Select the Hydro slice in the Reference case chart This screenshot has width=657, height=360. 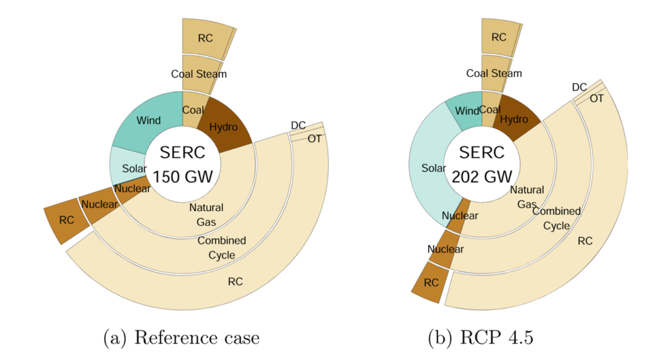(223, 126)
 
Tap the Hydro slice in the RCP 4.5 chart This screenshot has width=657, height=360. (514, 119)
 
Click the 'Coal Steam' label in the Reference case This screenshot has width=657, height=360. (199, 74)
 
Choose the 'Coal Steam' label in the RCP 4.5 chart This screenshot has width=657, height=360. (494, 73)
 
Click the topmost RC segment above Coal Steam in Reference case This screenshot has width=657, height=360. (205, 38)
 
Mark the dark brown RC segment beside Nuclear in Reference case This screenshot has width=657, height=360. (66, 220)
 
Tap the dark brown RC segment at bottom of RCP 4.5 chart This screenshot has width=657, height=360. (431, 282)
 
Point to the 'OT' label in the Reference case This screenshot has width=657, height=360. (315, 139)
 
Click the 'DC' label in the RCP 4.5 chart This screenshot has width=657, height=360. (579, 87)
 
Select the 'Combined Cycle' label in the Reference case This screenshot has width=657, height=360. (221, 248)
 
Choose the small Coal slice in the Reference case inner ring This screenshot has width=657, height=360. (192, 110)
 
